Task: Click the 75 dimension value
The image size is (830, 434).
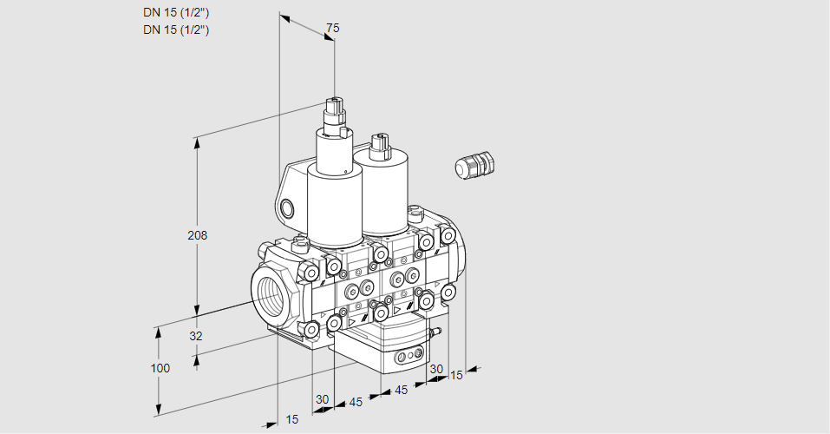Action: coord(332,29)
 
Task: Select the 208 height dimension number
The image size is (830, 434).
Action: coord(199,235)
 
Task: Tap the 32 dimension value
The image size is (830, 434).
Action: coord(195,336)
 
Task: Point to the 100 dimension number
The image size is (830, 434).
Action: coord(160,368)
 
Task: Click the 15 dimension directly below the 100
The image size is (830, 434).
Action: coord(291,419)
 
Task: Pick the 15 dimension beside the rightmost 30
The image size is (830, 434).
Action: coord(456,375)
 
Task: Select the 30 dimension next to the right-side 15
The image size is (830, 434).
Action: coord(436,369)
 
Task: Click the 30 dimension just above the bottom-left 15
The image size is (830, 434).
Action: coord(323,399)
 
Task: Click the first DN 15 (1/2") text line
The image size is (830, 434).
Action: coord(176,12)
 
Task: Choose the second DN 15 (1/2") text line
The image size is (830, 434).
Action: coord(176,30)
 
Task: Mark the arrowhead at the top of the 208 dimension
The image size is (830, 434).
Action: coord(198,140)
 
